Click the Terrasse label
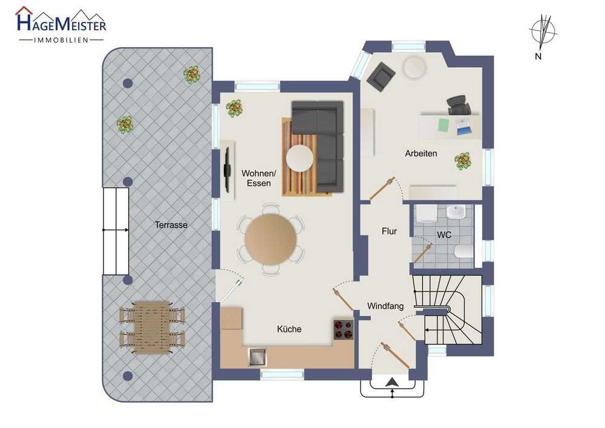coord(171,225)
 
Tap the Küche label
coord(289,329)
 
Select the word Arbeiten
coord(421,153)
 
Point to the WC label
coord(443,235)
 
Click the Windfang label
coord(385,306)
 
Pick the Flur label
coord(389,231)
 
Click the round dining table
coord(270,239)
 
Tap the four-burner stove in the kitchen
coord(344,329)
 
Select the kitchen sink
coord(257,357)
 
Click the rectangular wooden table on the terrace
coord(152,328)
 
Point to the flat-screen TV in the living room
coord(227,170)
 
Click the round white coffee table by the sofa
coord(299,158)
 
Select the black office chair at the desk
coord(459,105)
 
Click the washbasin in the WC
coord(456,212)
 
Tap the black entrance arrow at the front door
coord(392,382)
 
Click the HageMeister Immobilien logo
coord(60,25)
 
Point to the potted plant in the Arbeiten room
coord(463,160)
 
